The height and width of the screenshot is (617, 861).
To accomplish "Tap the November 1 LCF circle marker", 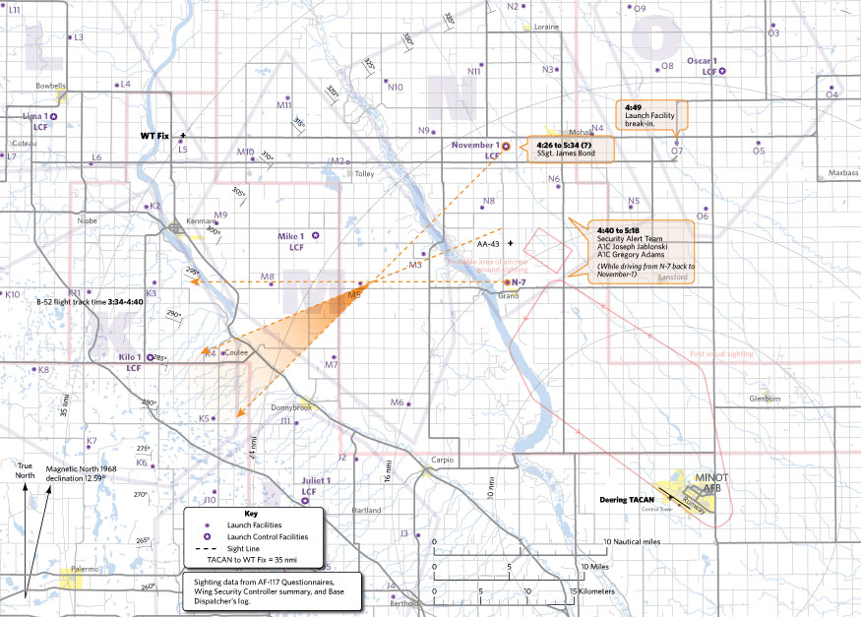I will click(506, 146).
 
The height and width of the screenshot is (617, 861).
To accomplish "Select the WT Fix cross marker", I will click(183, 135).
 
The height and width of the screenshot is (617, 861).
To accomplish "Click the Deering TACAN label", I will click(627, 499).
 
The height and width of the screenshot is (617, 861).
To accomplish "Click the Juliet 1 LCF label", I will click(309, 485).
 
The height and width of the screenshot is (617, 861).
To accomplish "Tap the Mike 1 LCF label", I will click(291, 241).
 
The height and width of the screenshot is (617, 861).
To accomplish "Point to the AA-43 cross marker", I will click(511, 242).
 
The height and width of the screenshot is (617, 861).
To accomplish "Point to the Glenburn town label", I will click(764, 399).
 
